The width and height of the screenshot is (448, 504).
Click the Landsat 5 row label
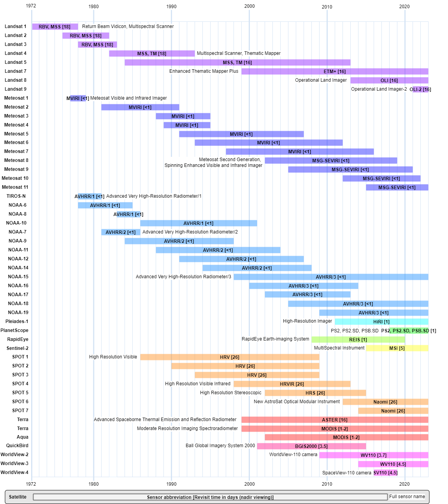click(x=16, y=62)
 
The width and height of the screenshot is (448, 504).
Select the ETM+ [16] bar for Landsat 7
click(x=335, y=72)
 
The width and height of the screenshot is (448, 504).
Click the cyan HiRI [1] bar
click(x=381, y=322)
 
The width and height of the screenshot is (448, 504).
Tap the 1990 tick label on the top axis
click(x=171, y=6)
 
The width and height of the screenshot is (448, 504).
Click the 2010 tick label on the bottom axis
click(x=327, y=484)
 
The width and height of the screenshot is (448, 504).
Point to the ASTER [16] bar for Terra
click(x=335, y=420)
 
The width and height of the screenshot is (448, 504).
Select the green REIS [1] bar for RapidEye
click(x=358, y=340)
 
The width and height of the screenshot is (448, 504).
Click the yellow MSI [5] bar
click(x=397, y=348)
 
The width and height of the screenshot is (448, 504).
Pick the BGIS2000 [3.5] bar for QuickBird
click(x=311, y=446)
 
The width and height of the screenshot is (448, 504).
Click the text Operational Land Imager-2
click(x=379, y=89)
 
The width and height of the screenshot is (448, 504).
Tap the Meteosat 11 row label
click(x=15, y=187)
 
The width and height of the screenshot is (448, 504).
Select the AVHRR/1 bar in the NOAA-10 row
click(x=199, y=223)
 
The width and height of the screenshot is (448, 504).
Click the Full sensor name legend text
click(x=407, y=497)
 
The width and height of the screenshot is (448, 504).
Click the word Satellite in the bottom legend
click(x=18, y=497)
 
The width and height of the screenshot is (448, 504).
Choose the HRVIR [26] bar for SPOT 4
click(x=292, y=384)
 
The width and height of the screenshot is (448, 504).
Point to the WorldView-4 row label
click(x=14, y=472)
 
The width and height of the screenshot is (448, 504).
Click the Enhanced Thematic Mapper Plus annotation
click(x=204, y=71)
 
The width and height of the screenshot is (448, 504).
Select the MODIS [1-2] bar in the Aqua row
click(x=346, y=437)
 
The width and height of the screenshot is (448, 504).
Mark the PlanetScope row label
click(x=14, y=330)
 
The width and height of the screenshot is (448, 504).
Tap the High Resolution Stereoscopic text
click(x=231, y=393)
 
